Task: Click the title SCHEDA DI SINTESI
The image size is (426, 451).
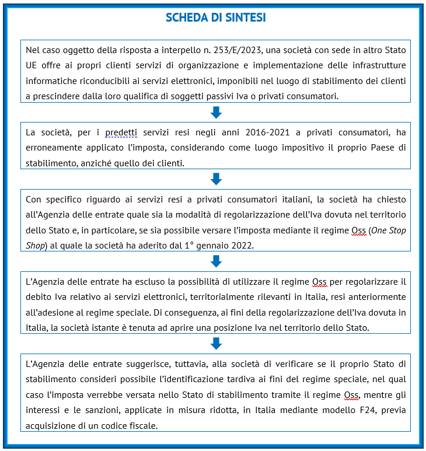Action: coord(215,18)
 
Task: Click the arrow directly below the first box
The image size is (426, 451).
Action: coord(215,112)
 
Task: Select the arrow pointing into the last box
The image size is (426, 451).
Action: coord(215,342)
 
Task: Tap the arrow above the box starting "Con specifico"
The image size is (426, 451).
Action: coord(215,179)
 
